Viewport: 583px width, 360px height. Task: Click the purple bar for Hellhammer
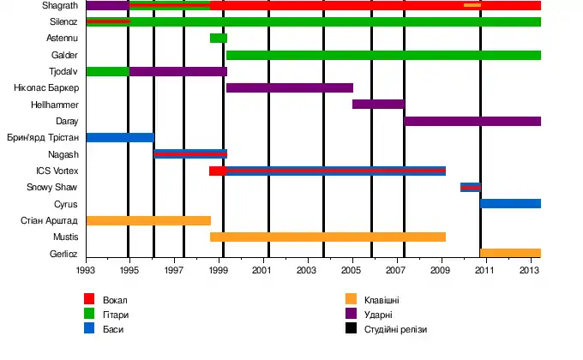378,104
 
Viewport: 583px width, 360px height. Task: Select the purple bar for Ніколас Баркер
290,87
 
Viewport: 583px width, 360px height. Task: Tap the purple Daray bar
472,121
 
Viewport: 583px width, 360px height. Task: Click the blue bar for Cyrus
510,203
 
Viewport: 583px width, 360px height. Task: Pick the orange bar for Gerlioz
510,253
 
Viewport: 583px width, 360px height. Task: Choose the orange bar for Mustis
328,237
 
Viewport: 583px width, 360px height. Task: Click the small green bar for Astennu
219,38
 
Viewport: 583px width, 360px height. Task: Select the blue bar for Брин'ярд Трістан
120,137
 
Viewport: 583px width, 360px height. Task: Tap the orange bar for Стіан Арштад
148,220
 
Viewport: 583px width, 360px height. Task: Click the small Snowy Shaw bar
470,187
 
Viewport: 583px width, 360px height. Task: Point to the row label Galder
65,55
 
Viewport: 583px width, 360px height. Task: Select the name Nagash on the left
64,154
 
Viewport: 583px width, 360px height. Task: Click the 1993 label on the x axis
86,270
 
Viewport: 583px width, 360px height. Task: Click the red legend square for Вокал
88,299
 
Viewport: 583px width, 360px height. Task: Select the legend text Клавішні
382,300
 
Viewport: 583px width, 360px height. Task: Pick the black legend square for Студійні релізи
351,328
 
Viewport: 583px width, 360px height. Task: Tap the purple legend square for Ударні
351,314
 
